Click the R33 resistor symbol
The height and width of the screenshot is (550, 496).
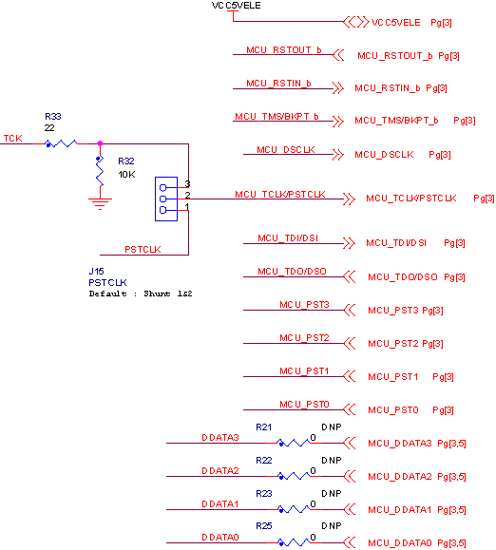coord(61,143)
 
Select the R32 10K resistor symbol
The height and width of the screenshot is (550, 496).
coord(100,172)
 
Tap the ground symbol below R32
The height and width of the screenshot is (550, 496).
coord(100,204)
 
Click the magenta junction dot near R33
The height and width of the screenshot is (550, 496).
coord(100,143)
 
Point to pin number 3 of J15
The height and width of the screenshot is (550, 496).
coord(187,183)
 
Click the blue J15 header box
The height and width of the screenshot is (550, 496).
coord(166,199)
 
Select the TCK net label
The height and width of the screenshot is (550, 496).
coord(13,138)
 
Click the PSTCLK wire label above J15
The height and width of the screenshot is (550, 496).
coord(143,250)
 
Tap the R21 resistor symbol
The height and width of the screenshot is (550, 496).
coord(294,443)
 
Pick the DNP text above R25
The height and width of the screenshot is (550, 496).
coord(331,526)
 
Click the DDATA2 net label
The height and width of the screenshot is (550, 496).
coord(220,471)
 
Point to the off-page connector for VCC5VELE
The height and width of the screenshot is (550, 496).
coord(356,22)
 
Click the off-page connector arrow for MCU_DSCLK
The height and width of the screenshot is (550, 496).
coord(338,154)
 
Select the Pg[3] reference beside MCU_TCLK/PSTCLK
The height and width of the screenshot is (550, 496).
coord(484,199)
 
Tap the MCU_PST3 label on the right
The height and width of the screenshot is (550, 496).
coord(393,311)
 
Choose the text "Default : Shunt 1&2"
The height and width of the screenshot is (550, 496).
coord(141,294)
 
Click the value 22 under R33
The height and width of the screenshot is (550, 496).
coord(49,128)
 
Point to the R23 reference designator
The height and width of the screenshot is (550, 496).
coord(264,494)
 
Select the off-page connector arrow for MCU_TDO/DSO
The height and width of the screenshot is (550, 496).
coord(350,276)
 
